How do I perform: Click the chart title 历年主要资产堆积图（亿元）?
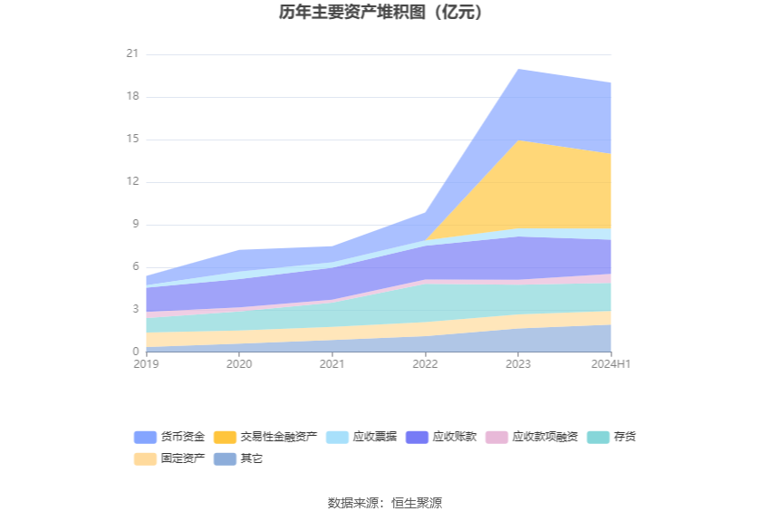[x=385, y=13]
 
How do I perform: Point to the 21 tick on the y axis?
[x=132, y=54]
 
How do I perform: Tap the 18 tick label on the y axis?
[x=132, y=97]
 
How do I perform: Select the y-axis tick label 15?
[x=132, y=140]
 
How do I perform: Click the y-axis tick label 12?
[x=132, y=182]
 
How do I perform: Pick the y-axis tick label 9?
[x=135, y=225]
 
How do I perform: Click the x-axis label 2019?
[x=146, y=364]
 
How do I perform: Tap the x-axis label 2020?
[x=239, y=364]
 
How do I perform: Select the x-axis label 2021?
[x=332, y=364]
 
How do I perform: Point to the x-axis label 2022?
[x=425, y=364]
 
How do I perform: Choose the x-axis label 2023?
[x=518, y=364]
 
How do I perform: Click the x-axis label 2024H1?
[x=611, y=364]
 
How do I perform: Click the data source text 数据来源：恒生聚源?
[x=385, y=503]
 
